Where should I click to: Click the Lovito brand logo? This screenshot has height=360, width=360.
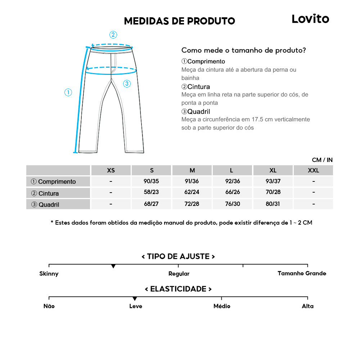click(x=310, y=19)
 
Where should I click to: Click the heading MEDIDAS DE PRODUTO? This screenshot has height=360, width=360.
click(x=179, y=21)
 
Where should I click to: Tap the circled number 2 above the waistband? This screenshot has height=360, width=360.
click(x=113, y=35)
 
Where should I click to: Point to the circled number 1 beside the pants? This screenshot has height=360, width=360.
click(x=68, y=93)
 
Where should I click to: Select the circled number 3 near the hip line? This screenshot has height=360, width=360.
click(x=127, y=84)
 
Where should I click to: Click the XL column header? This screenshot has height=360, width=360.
click(x=273, y=170)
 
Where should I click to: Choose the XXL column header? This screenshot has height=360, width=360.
click(x=313, y=170)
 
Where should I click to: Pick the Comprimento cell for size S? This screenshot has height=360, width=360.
click(x=151, y=181)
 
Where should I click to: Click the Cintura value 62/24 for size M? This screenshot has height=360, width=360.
click(x=192, y=193)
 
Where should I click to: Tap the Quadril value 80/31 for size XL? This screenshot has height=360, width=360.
click(x=273, y=204)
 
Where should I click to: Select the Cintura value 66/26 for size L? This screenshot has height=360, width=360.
click(x=232, y=193)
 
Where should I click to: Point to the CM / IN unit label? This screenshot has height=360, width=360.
click(x=322, y=160)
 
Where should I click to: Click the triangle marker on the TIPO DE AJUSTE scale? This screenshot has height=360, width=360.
click(x=113, y=266)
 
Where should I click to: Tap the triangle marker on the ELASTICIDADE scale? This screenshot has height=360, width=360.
click(x=135, y=298)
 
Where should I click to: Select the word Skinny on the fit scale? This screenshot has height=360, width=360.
click(x=49, y=274)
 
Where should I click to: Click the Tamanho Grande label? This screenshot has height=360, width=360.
click(x=302, y=273)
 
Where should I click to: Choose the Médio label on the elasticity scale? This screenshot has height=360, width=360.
click(x=222, y=306)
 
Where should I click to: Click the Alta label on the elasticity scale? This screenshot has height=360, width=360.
click(x=307, y=306)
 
